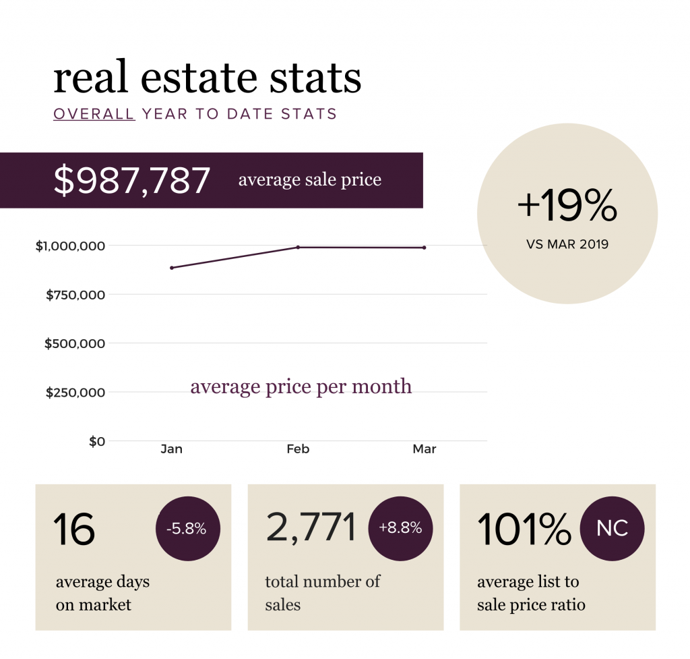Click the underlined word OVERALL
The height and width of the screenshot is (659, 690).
tap(94, 113)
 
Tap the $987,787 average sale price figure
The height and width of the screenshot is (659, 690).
tap(131, 179)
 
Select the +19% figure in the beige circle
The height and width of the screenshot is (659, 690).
tap(567, 205)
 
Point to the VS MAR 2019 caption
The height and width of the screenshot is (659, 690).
tap(567, 244)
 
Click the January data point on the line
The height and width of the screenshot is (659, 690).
tap(172, 268)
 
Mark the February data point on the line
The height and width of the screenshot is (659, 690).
tap(298, 247)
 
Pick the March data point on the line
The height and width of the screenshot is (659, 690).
tap(425, 248)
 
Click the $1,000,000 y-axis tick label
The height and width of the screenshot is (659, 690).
tap(70, 246)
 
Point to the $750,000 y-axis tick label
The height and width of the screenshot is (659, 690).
tap(75, 295)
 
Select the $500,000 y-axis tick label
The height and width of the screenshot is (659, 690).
tap(75, 343)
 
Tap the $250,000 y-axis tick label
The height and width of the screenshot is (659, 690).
tap(75, 393)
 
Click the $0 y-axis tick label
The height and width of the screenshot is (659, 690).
tap(97, 441)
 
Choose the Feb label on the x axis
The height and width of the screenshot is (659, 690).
tap(298, 449)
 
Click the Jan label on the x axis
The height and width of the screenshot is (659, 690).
tap(172, 449)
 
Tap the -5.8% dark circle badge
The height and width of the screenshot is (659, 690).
tap(188, 529)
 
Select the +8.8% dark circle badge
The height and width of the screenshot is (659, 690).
tap(400, 529)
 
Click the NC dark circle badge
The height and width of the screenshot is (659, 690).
tap(612, 529)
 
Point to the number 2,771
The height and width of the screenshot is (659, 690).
tap(311, 527)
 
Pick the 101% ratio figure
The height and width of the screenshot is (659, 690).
tap(524, 529)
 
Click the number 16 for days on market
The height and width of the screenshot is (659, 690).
tap(74, 529)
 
